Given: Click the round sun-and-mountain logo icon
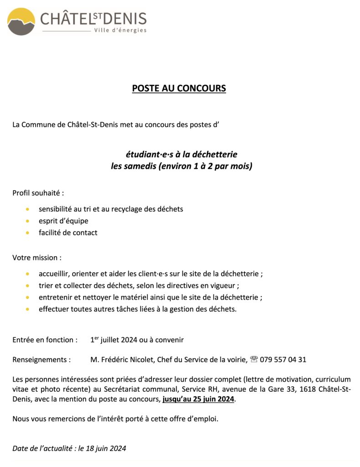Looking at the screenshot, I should tap(21, 21).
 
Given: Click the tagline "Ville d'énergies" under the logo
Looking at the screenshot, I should tap(120, 30).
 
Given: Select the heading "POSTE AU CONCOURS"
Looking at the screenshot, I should tap(179, 88).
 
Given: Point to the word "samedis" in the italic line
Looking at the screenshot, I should tap(140, 166).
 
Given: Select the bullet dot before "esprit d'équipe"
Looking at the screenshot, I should tap(28, 221).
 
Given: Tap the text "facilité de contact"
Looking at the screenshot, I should tap(68, 233).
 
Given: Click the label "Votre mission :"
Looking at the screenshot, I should tap(37, 258).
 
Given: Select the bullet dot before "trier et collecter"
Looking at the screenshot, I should tap(28, 286).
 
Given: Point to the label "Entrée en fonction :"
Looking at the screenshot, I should tap(45, 340).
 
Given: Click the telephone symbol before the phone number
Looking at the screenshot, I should tap(254, 359).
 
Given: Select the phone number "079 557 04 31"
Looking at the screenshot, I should tap(283, 359).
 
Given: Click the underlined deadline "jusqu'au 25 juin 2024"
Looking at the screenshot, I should tap(198, 399).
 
